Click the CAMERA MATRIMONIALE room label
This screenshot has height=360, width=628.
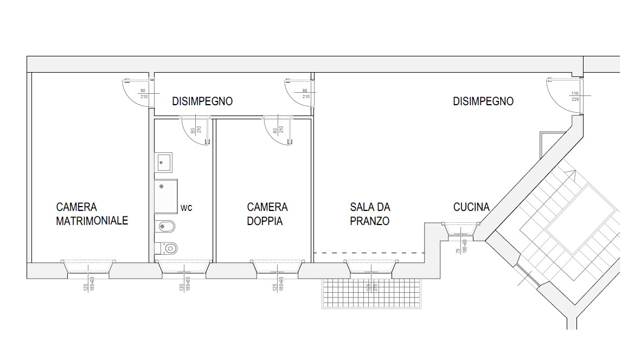[x=92, y=214]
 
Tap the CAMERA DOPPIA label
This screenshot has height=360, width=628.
[x=267, y=214]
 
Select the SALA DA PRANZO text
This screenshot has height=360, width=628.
[x=370, y=214]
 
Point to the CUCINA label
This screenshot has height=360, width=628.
[x=471, y=207]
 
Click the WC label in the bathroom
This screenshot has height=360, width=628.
[x=187, y=208]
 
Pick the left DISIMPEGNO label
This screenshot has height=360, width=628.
[x=202, y=101]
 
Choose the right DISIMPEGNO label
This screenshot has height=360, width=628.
[x=483, y=101]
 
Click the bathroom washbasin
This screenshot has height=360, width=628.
[x=163, y=162]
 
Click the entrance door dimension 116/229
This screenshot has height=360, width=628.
[x=575, y=96]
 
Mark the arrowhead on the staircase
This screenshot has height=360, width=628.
[x=570, y=173]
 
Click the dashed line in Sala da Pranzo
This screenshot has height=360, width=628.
[x=369, y=253]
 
